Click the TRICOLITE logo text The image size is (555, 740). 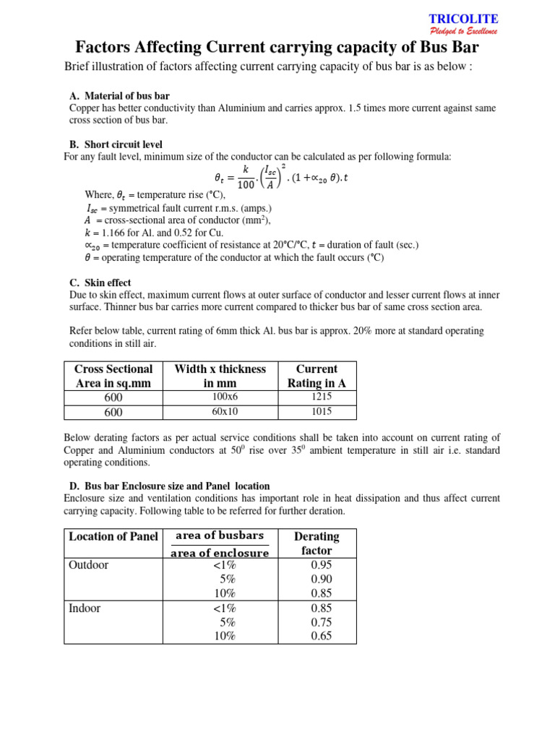474,19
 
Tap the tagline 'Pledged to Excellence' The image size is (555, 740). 463,31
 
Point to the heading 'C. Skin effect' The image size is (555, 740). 100,283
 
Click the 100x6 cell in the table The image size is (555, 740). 220,397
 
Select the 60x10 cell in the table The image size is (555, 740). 220,412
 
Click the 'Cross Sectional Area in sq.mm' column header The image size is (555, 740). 113,376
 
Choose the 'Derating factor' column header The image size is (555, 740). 317,543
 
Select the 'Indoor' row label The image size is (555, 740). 85,608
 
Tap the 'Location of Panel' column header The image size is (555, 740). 113,536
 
